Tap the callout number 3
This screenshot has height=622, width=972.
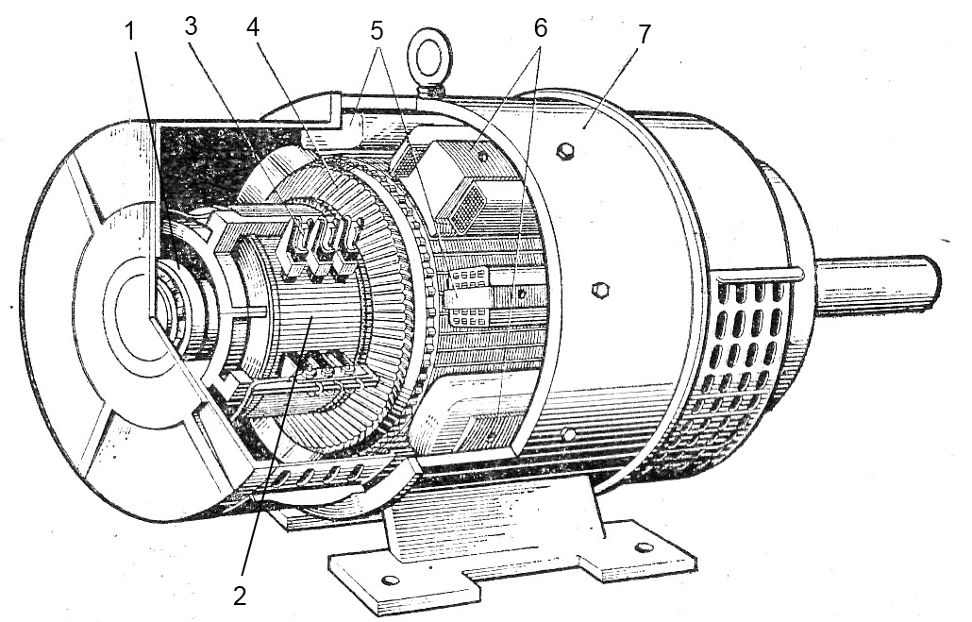point(191,26)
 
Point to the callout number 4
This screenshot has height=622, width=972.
point(253,27)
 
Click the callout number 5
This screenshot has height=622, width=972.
point(377,31)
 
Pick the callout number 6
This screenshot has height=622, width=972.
point(541,28)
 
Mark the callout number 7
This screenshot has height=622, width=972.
point(645,35)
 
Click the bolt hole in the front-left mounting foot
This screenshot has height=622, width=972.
point(391,580)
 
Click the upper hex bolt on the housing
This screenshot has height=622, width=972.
point(564,150)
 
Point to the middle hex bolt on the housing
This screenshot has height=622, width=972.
point(599,289)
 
